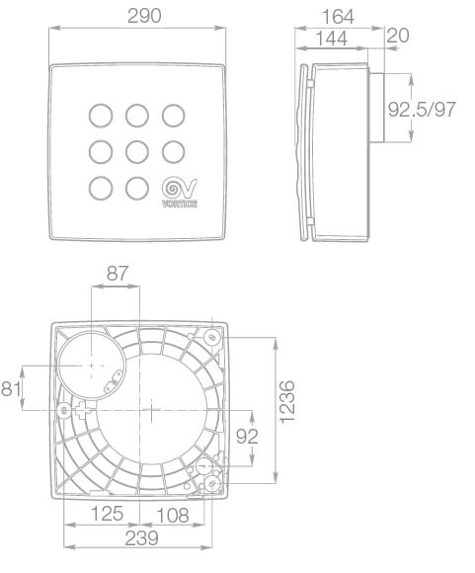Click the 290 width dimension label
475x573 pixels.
(144, 16)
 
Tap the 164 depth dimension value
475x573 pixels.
(338, 17)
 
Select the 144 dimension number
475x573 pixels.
(331, 38)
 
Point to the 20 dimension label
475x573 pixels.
(398, 36)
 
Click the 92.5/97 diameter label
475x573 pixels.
(422, 110)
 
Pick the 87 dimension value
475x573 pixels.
(118, 274)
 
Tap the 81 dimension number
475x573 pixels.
(11, 388)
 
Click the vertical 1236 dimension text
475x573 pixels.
(287, 402)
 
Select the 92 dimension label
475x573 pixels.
(247, 436)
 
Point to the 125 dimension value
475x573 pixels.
(107, 514)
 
